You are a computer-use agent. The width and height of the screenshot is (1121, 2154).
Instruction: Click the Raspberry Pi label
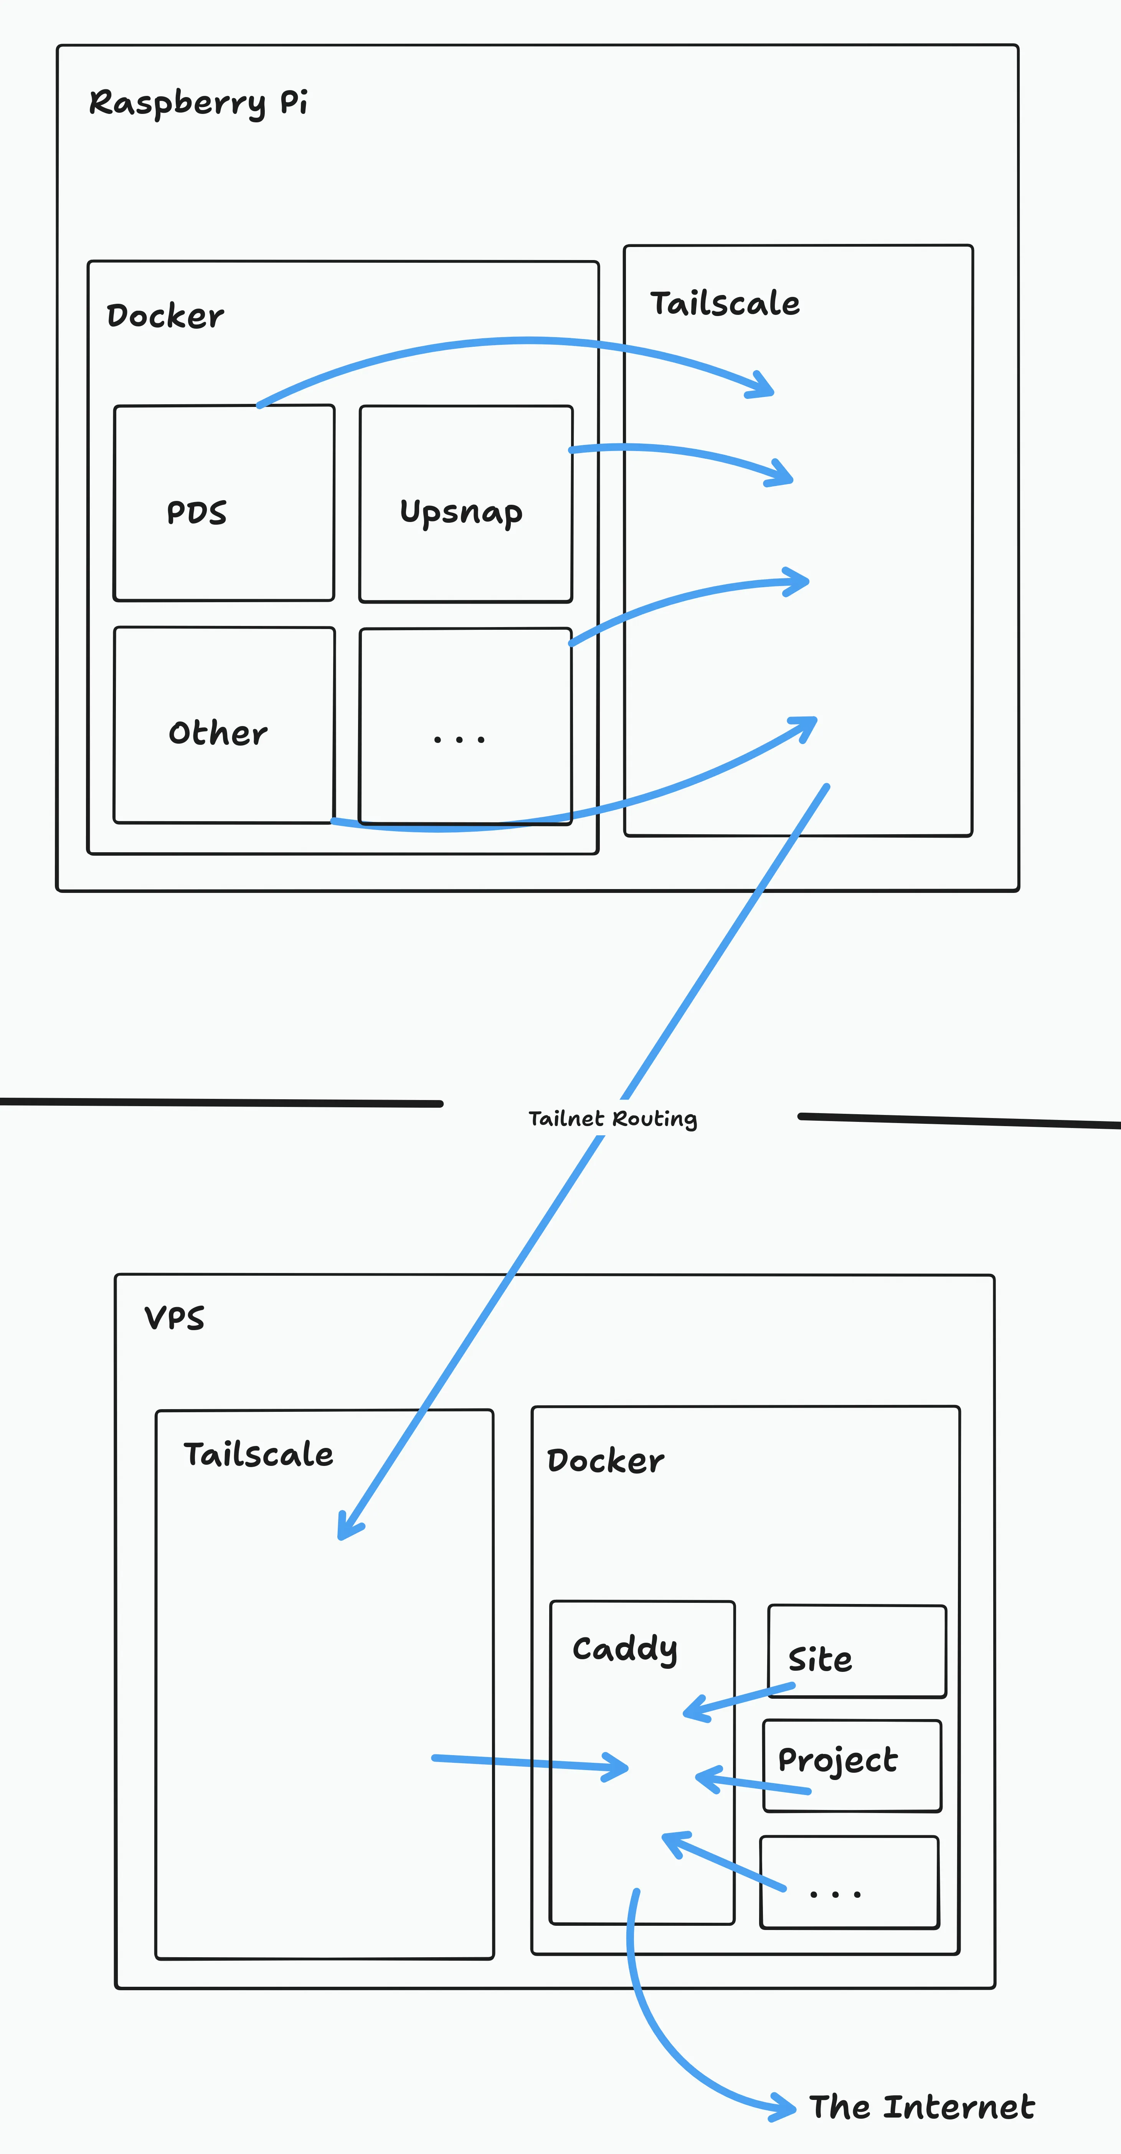(198, 103)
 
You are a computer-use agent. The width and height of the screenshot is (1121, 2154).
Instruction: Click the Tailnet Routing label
(613, 1119)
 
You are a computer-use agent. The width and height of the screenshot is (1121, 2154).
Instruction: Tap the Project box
(852, 1766)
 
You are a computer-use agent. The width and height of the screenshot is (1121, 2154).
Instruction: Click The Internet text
(922, 2107)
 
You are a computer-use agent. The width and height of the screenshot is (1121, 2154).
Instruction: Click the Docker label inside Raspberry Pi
(165, 316)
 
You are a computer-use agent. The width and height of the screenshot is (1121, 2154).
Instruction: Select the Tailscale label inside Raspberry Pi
(725, 303)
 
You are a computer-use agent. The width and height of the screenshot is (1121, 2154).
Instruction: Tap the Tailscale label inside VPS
(259, 1455)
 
